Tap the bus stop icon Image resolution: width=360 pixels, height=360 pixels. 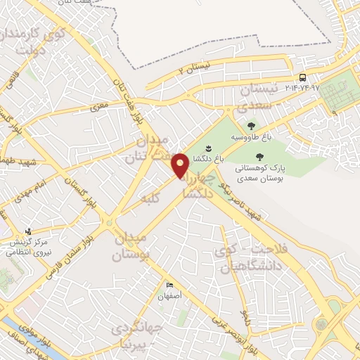(302, 77)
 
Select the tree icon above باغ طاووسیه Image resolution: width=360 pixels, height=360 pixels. (251, 126)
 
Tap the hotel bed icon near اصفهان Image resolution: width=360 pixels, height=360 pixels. (169, 285)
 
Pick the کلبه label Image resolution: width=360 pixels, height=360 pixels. (150, 198)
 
